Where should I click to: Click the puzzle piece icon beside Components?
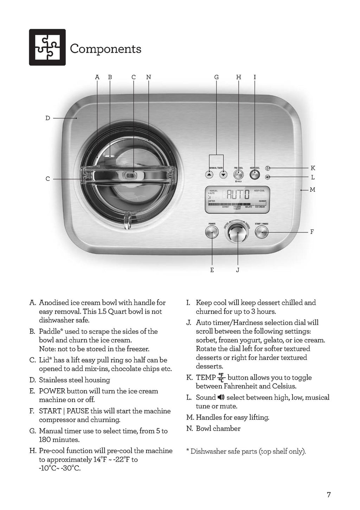click(x=47, y=47)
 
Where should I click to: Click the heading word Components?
click(x=105, y=49)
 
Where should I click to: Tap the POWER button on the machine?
click(x=212, y=232)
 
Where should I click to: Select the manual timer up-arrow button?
click(x=209, y=175)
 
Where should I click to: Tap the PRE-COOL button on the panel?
click(x=238, y=174)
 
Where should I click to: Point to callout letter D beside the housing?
click(x=48, y=118)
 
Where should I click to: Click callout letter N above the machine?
click(x=148, y=77)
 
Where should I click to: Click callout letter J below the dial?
click(x=238, y=270)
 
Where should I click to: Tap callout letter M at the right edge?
click(x=312, y=190)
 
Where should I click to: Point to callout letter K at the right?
click(x=313, y=168)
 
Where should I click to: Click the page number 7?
click(x=329, y=495)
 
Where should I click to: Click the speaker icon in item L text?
click(x=221, y=398)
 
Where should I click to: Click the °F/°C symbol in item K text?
click(x=221, y=377)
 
